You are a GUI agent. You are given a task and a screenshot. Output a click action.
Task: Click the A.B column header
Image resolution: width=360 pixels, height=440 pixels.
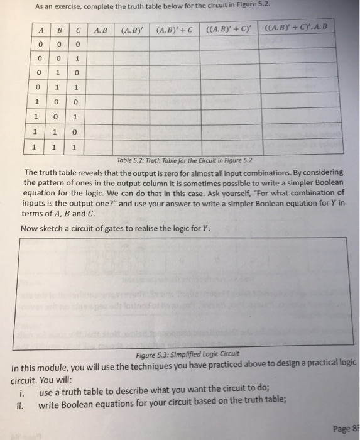(101, 29)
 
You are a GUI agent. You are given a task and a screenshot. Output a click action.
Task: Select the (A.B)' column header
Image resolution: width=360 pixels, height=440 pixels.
(131, 29)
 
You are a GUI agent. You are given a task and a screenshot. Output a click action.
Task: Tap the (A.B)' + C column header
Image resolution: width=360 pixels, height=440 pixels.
(173, 29)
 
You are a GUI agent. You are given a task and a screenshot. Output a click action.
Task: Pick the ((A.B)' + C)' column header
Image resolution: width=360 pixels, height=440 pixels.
(224, 28)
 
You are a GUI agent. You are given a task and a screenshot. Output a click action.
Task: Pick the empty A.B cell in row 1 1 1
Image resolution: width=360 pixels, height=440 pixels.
(101, 148)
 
